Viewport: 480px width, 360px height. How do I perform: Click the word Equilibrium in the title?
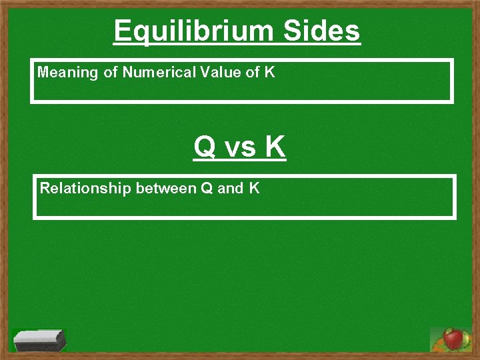[193, 31]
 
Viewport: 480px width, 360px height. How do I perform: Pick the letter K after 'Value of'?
[269, 73]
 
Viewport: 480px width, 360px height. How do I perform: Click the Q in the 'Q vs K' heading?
[205, 147]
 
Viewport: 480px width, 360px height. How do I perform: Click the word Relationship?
[85, 189]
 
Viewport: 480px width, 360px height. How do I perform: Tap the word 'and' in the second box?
[231, 189]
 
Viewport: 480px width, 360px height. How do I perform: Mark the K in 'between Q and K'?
[255, 189]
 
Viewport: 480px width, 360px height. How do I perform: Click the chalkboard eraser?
[39, 341]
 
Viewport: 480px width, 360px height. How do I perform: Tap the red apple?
[453, 339]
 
